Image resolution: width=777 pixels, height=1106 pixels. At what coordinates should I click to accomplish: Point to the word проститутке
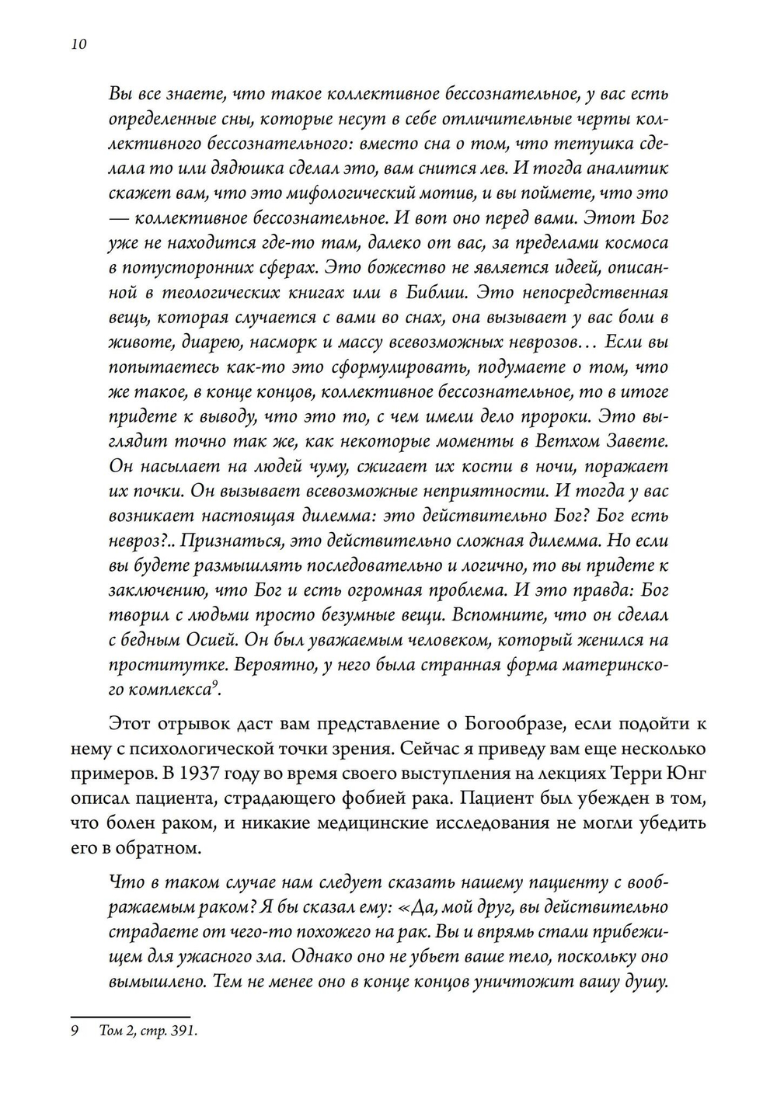155,666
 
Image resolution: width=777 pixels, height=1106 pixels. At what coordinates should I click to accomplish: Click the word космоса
629,243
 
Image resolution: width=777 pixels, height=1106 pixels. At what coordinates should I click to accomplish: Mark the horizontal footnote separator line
131,1016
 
